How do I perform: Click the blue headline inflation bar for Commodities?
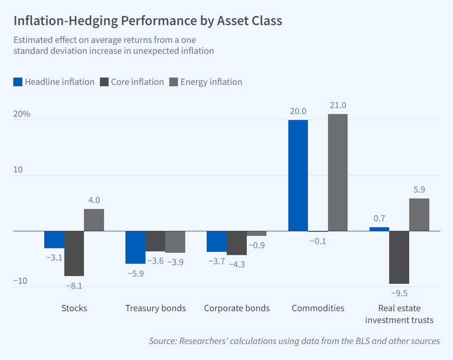(298, 175)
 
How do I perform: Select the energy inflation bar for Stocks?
(94, 220)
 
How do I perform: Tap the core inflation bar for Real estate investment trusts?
(399, 257)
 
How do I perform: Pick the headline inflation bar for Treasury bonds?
(135, 247)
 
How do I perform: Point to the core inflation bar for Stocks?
(74, 253)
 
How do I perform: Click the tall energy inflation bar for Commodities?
(338, 172)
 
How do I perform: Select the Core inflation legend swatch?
(104, 82)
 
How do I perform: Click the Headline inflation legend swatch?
(18, 82)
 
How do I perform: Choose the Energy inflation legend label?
(211, 82)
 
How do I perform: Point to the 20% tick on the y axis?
(21, 114)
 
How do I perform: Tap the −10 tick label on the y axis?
(20, 281)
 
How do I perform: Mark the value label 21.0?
(338, 106)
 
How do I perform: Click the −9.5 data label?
(399, 293)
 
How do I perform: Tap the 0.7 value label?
(379, 218)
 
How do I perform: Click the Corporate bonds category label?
(237, 308)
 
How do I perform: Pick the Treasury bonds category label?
(155, 308)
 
